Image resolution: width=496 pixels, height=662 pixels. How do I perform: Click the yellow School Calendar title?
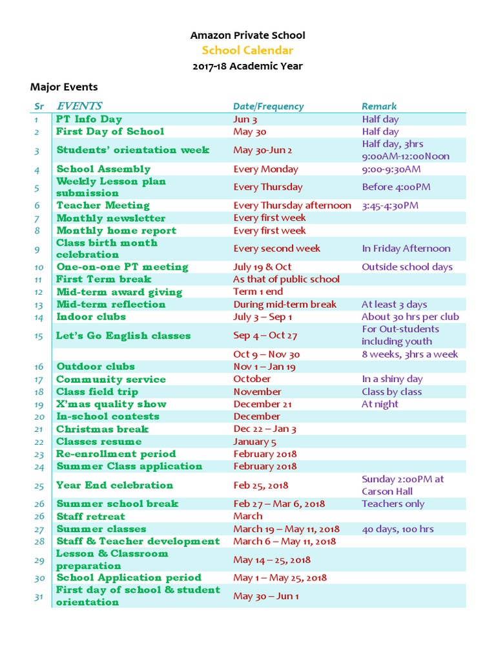point(247,50)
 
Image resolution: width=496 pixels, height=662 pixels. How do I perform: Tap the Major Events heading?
point(64,87)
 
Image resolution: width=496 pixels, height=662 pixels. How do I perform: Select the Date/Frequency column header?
point(268,106)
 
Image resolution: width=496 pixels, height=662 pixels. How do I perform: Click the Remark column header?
point(379,106)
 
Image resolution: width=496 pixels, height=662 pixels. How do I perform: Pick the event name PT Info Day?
point(88,119)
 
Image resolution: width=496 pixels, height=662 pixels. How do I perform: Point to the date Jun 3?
point(245,119)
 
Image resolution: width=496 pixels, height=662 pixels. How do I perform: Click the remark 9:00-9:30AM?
point(391,169)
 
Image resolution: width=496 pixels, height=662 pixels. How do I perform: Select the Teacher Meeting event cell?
point(103,205)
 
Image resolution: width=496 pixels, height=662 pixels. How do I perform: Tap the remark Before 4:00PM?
point(396,187)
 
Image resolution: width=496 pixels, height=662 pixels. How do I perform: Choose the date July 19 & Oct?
point(262,266)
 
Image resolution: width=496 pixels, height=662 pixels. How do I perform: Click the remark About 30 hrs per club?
point(410,316)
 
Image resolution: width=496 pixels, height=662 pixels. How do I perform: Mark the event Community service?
point(110,379)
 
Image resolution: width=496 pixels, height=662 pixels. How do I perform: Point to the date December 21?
point(263,404)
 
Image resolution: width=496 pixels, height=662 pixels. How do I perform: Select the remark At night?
point(380,404)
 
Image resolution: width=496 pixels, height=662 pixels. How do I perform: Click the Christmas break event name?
point(102,429)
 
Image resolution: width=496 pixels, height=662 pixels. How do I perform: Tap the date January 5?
point(254,442)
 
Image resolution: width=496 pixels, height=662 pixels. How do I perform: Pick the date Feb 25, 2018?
point(261,485)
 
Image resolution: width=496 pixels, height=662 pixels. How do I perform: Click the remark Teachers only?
point(393,504)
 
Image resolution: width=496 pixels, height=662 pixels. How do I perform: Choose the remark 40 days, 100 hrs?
point(397,529)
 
